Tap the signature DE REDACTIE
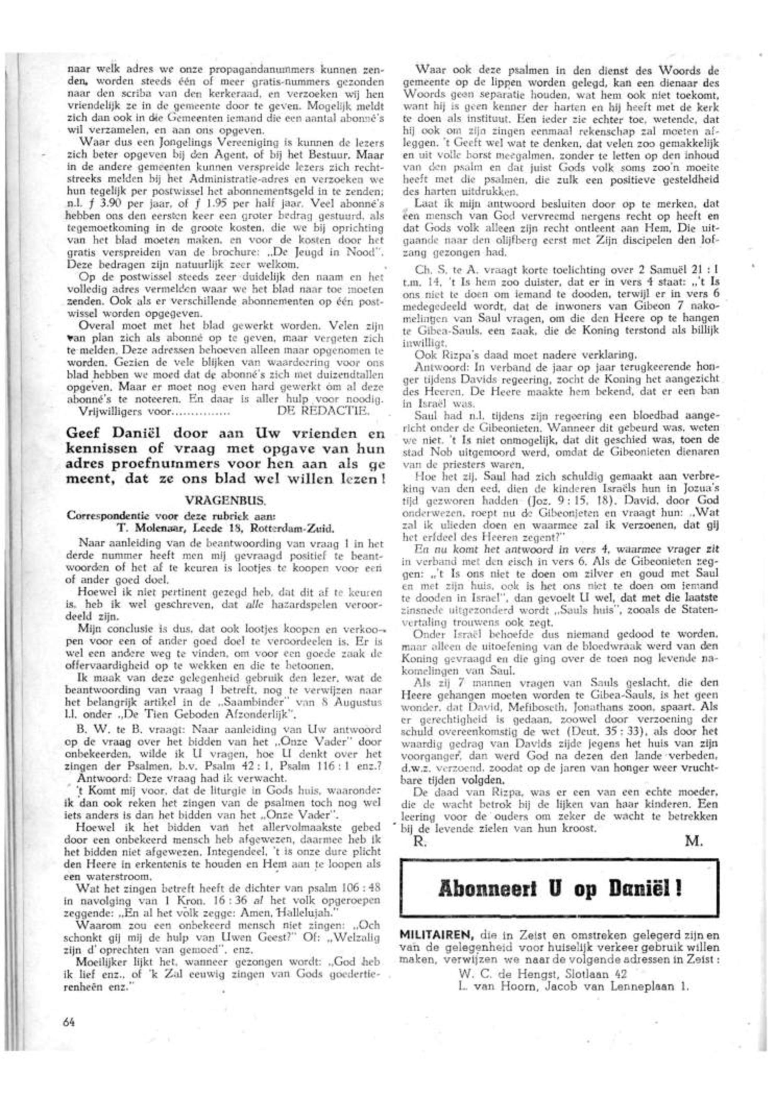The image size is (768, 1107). (323, 412)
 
